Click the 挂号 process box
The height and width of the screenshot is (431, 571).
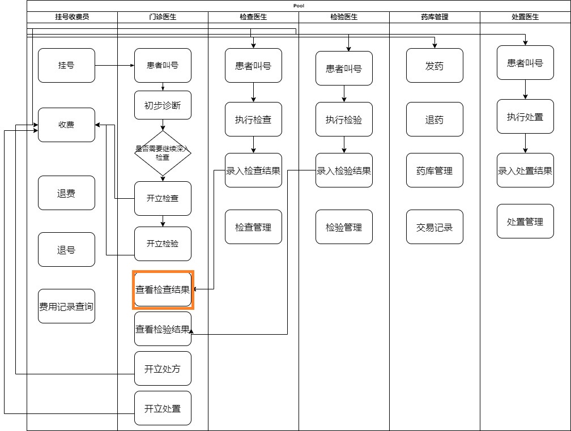[66, 65]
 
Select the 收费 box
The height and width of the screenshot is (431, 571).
[66, 125]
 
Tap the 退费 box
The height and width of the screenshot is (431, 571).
[66, 193]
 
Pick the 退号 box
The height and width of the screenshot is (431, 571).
[66, 250]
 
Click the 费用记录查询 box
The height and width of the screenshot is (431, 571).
[66, 306]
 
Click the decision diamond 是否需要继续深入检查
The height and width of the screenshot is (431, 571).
[163, 153]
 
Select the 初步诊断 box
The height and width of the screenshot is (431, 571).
[163, 105]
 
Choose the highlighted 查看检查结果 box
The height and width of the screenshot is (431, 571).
[163, 289]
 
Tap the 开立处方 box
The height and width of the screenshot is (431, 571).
[163, 369]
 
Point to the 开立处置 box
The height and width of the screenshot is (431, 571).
[163, 408]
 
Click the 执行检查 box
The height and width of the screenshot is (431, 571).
[253, 120]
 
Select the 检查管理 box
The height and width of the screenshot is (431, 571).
[253, 227]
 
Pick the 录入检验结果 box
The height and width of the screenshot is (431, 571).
[344, 170]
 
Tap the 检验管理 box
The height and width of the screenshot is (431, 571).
[344, 227]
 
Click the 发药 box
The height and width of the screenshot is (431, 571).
[434, 66]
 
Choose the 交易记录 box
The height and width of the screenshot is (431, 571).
[434, 227]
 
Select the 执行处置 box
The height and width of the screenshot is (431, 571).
[525, 117]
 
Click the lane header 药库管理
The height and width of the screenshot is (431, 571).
[434, 17]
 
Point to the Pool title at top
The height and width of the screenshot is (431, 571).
[299, 5]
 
